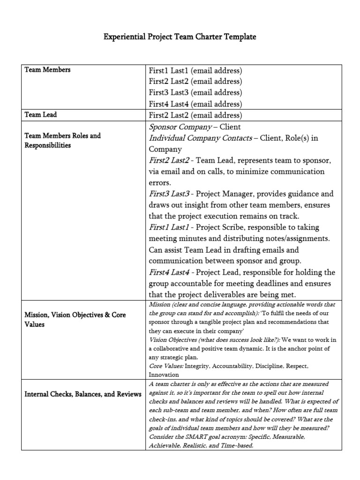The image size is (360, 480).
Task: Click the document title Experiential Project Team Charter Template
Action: [180, 37]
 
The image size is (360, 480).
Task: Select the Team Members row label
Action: [47, 70]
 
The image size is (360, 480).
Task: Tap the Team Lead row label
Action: [40, 114]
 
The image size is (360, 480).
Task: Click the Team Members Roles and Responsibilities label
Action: [62, 141]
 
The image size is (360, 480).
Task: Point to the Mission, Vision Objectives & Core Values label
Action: [75, 320]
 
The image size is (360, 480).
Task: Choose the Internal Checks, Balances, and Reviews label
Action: [82, 394]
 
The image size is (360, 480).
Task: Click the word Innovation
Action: [164, 375]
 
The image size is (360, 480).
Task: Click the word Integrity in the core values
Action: [197, 365]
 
